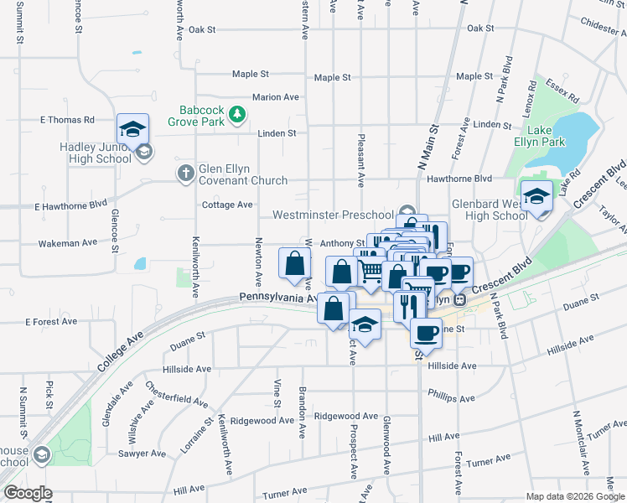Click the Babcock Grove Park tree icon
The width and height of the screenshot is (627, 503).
point(238,113)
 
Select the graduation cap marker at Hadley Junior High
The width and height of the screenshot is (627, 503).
point(132,129)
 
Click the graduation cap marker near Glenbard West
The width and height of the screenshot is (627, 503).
point(536,197)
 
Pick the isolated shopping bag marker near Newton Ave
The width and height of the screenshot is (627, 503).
point(294,263)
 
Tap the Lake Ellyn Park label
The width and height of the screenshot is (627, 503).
point(550,137)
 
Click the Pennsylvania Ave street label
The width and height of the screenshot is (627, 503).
point(277,298)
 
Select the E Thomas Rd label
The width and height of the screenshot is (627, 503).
point(67,120)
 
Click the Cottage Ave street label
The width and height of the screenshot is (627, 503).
point(227,205)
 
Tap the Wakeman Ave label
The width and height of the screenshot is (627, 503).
point(68,243)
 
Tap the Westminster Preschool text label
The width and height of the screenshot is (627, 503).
point(333,215)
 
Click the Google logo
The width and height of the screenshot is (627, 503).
point(28,493)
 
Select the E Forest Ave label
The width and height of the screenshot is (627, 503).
point(51,321)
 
